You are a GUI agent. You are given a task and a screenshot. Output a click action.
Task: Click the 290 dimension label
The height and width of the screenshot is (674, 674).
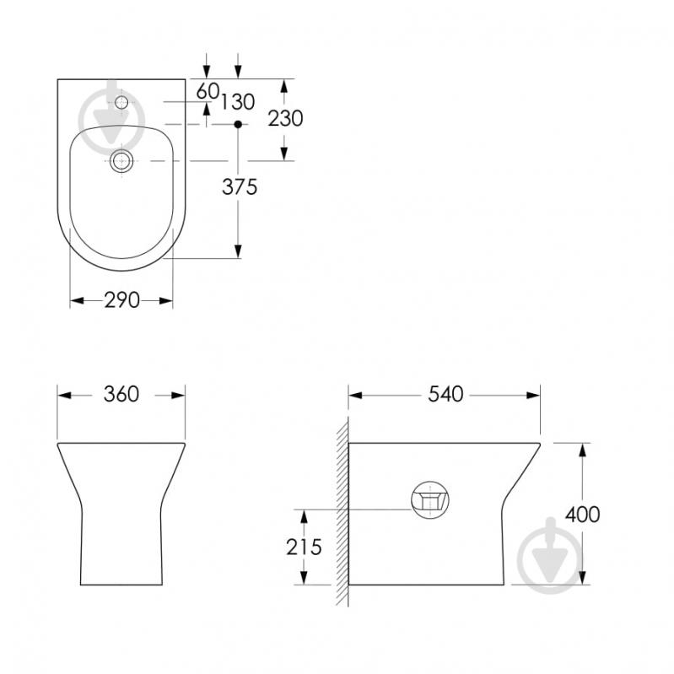(121, 300)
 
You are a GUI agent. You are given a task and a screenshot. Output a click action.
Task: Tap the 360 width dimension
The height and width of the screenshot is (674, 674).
(121, 394)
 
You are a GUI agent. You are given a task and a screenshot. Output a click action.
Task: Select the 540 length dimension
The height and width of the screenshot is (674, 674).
(445, 394)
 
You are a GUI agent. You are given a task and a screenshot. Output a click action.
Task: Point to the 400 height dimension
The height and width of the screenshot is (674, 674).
(582, 515)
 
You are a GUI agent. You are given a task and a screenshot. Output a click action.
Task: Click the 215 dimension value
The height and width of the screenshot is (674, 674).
(304, 547)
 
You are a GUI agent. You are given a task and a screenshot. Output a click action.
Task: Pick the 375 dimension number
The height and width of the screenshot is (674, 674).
(240, 187)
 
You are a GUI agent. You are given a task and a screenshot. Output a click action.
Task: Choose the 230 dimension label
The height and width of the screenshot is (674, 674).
(285, 118)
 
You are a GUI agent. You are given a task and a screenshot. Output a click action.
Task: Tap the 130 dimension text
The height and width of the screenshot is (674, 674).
(238, 102)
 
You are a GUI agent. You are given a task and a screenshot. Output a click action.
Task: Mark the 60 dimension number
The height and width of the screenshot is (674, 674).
(208, 91)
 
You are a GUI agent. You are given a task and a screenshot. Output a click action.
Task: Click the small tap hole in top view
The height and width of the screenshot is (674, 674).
(121, 102)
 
